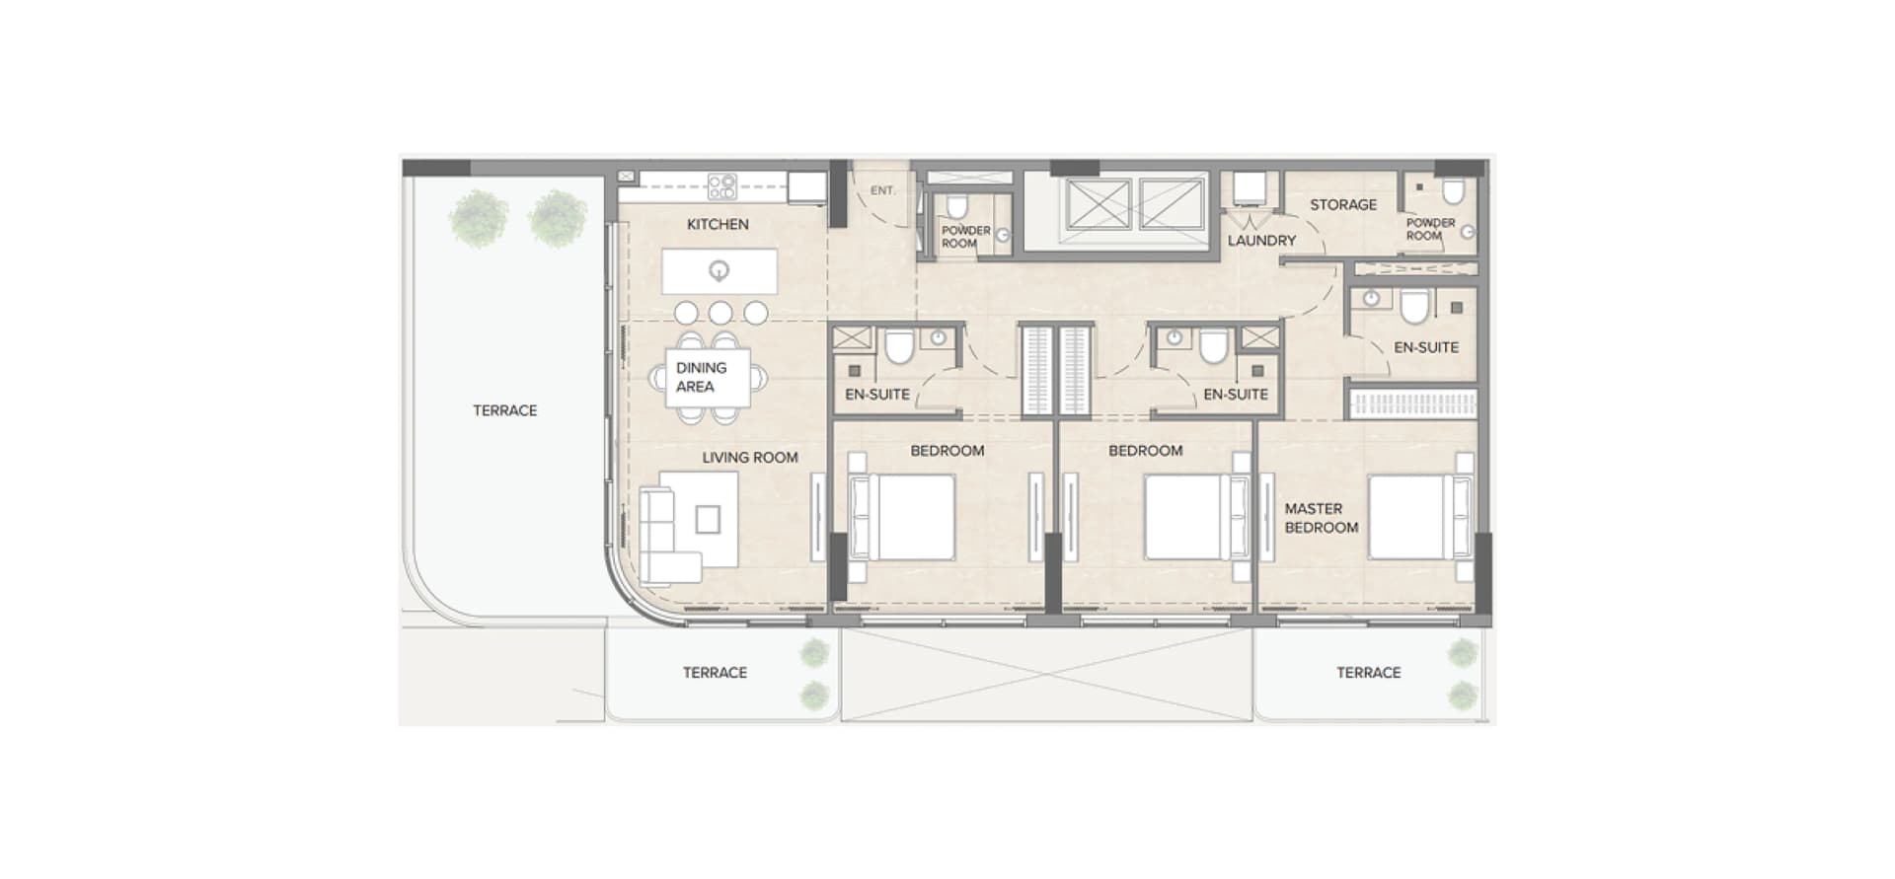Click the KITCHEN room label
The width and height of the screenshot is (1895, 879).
(x=718, y=225)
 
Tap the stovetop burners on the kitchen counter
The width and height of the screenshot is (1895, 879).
(x=721, y=185)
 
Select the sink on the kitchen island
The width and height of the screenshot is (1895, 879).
(x=720, y=270)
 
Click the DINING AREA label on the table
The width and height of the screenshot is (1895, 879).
(x=701, y=377)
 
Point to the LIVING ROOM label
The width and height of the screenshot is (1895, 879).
(x=749, y=458)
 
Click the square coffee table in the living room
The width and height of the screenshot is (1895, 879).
(x=708, y=519)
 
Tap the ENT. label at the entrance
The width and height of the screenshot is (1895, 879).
(x=882, y=190)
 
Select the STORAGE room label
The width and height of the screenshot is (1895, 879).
(x=1342, y=205)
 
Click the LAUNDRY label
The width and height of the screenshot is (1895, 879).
(x=1261, y=241)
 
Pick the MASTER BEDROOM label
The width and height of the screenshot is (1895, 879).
(x=1320, y=518)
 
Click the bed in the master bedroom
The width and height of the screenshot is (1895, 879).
(x=1407, y=518)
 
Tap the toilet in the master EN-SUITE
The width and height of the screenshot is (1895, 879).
(x=1414, y=308)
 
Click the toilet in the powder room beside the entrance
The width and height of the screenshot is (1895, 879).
(x=956, y=208)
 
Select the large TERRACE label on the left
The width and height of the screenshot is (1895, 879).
(x=504, y=410)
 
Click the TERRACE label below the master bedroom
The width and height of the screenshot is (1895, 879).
(x=1368, y=673)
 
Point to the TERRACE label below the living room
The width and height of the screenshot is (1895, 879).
(x=715, y=673)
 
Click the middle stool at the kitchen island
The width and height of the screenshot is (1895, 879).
(x=720, y=314)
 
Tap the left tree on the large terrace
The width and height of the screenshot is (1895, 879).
(x=479, y=218)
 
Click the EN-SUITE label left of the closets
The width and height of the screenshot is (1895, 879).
(x=876, y=395)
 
